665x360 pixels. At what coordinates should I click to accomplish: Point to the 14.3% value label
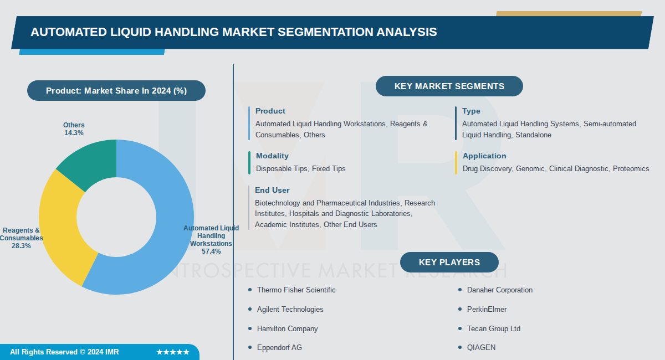pyautogui.click(x=74, y=133)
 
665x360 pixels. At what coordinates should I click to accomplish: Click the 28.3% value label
pyautogui.click(x=21, y=246)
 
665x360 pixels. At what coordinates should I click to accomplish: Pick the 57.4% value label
pyautogui.click(x=211, y=251)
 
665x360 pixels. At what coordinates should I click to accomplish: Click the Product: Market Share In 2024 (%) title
pyautogui.click(x=116, y=91)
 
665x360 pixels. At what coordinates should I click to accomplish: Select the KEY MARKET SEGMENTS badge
pyautogui.click(x=449, y=86)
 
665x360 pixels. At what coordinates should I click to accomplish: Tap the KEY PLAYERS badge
pyautogui.click(x=449, y=263)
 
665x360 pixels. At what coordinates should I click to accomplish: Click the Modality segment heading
pyautogui.click(x=272, y=156)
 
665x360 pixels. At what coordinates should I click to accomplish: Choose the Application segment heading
pyautogui.click(x=484, y=156)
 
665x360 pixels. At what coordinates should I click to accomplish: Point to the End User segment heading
pyautogui.click(x=272, y=191)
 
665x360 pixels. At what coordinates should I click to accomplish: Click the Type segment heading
pyautogui.click(x=471, y=111)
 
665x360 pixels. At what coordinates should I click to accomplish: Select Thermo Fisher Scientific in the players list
pyautogui.click(x=296, y=290)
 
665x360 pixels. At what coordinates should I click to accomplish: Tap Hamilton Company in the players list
pyautogui.click(x=287, y=329)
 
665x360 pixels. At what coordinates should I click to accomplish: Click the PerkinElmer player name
pyautogui.click(x=487, y=310)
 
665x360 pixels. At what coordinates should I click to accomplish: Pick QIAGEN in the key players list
pyautogui.click(x=481, y=348)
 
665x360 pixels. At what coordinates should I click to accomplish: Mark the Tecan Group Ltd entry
pyautogui.click(x=493, y=329)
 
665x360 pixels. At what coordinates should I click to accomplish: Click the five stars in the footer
pyautogui.click(x=172, y=352)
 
